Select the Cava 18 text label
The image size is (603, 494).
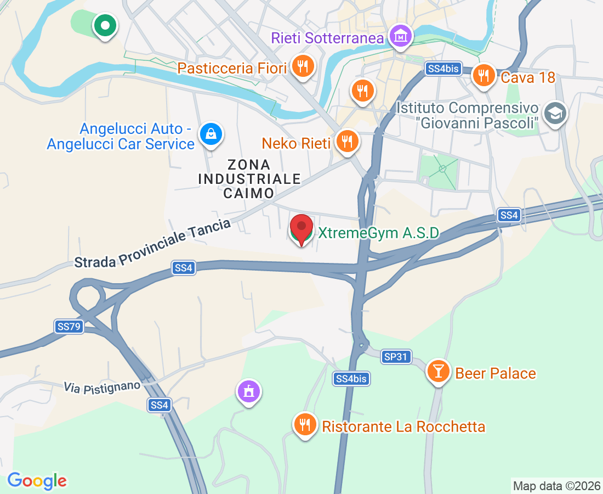tap(528, 77)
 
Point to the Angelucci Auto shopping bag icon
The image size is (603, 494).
tap(211, 133)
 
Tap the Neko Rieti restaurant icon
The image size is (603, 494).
tap(346, 142)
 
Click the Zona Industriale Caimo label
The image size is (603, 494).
tap(249, 178)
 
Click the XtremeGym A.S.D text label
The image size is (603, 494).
tap(378, 233)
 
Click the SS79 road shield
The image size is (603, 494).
tap(69, 327)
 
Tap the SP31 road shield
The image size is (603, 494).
tap(396, 357)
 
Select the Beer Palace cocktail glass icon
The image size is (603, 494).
tap(438, 372)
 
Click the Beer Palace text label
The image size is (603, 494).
tap(496, 373)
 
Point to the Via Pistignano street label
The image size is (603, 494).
tap(102, 386)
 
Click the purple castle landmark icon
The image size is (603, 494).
tap(249, 392)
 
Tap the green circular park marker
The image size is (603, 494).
tap(104, 25)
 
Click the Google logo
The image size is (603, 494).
tap(37, 481)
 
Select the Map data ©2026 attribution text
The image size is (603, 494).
tap(556, 486)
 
